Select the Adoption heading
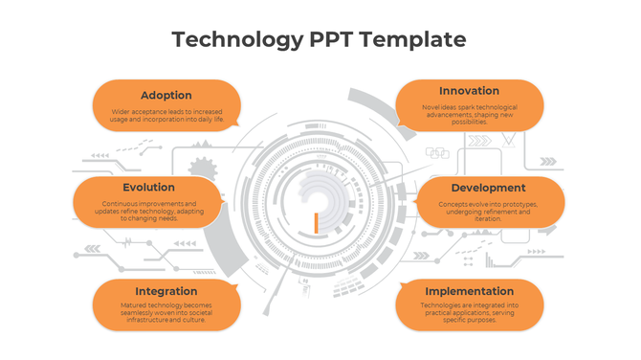tap(166, 95)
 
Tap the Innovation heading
tap(469, 91)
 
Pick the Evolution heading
tap(148, 188)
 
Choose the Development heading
tap(488, 188)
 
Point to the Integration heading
tap(166, 291)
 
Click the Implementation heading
tap(469, 291)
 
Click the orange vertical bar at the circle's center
tap(315, 223)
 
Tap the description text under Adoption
tap(166, 116)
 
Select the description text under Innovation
tap(469, 114)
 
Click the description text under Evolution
tap(148, 211)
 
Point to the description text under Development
tap(488, 211)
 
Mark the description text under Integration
tap(166, 313)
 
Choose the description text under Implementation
tap(469, 313)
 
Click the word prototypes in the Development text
tap(517, 204)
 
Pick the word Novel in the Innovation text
tap(431, 107)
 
